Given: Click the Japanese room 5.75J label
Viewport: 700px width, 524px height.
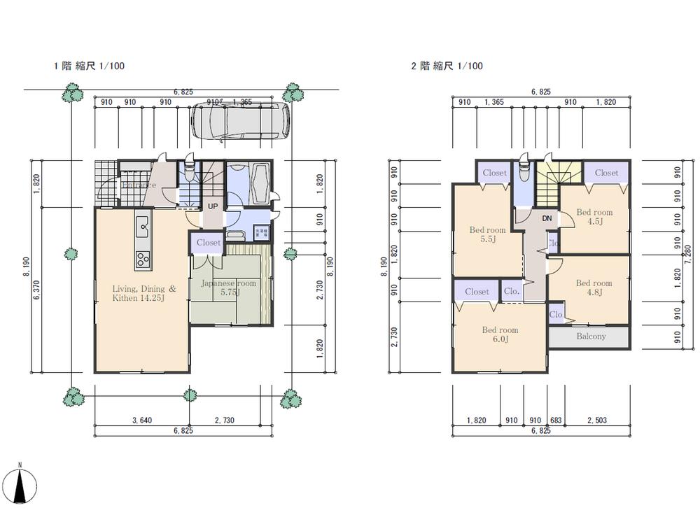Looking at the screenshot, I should point(229,288).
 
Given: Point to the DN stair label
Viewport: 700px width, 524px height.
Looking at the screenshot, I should point(547,218).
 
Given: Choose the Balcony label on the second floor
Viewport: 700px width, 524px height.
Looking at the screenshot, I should point(591,337).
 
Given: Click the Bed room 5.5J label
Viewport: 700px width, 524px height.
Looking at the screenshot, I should point(486,234).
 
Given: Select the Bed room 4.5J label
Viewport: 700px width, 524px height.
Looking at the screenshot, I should point(594,217).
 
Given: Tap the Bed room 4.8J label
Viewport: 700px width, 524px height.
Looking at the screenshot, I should point(594,288).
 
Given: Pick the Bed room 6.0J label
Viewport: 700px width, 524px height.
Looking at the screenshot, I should point(500,334).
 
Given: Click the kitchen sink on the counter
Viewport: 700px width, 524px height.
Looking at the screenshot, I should point(143,225).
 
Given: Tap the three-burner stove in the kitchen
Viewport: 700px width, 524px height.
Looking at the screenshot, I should point(143,258).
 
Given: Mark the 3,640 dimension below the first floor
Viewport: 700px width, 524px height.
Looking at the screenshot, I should point(143,420).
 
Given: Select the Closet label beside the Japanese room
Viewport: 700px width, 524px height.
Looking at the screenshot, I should point(208,243).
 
